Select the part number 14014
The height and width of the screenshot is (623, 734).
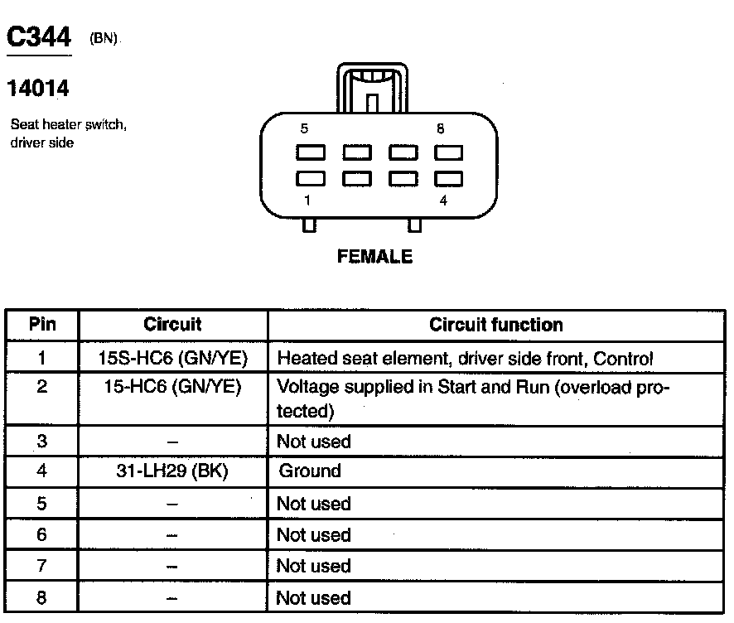pyautogui.click(x=38, y=87)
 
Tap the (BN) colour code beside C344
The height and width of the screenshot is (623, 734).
pyautogui.click(x=104, y=39)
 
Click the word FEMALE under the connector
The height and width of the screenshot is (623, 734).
pyautogui.click(x=375, y=257)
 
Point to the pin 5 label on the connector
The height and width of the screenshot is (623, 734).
pyautogui.click(x=304, y=129)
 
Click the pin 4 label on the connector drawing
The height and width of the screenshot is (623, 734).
pyautogui.click(x=444, y=200)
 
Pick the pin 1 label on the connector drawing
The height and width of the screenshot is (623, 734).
pyautogui.click(x=307, y=200)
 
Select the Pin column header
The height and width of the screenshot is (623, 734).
pyautogui.click(x=42, y=325)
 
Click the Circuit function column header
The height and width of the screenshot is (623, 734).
pyautogui.click(x=495, y=326)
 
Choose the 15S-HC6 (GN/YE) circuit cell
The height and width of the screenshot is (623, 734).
pyautogui.click(x=172, y=359)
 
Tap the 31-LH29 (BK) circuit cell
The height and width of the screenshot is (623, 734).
pyautogui.click(x=172, y=471)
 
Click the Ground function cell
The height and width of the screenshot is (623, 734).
pyautogui.click(x=310, y=471)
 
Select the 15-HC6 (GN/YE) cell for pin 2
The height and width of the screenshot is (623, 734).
pyautogui.click(x=172, y=387)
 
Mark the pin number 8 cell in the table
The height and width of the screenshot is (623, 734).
pyautogui.click(x=42, y=597)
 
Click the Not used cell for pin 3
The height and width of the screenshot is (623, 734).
pyautogui.click(x=313, y=442)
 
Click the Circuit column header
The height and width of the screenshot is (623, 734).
pyautogui.click(x=172, y=325)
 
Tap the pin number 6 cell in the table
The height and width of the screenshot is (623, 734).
pyautogui.click(x=42, y=535)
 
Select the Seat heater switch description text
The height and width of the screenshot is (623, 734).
pyautogui.click(x=68, y=133)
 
